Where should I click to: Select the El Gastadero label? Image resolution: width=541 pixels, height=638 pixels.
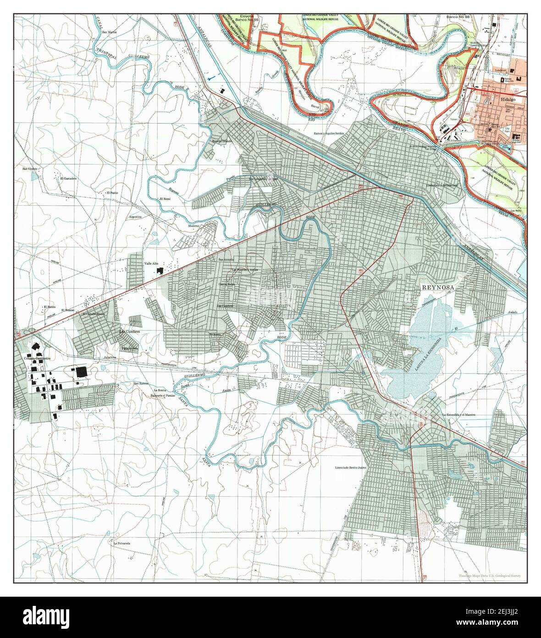pos(63,178)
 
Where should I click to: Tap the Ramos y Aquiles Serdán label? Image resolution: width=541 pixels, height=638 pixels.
pos(328,133)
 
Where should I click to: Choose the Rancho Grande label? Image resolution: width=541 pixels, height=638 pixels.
pos(222,140)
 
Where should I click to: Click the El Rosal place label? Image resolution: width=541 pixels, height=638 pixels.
pos(165,199)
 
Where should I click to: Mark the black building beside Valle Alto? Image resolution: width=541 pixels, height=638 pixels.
pos(160,271)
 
